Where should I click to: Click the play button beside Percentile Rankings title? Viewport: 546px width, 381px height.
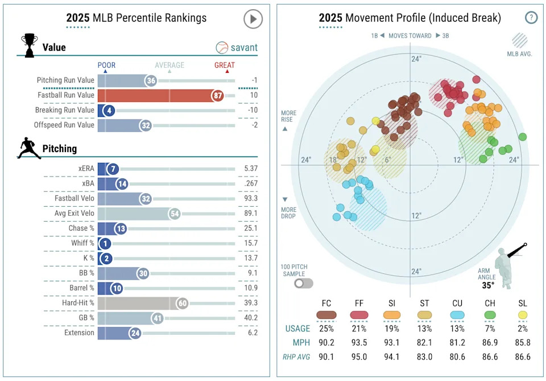coord(253,19)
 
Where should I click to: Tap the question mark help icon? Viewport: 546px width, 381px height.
coord(531,18)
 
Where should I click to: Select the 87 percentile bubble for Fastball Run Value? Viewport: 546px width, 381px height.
coord(218,96)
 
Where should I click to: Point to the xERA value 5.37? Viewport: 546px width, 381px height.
coord(250,169)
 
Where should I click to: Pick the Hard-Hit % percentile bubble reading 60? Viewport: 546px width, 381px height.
coord(182,303)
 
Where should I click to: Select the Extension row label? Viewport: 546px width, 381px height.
coord(78,333)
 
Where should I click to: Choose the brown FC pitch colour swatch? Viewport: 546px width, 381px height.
coord(326,315)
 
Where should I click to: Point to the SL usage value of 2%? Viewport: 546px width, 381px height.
coord(522,329)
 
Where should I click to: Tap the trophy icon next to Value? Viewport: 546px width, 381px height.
coord(30,44)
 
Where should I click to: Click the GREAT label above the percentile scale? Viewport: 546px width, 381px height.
coord(225,65)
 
